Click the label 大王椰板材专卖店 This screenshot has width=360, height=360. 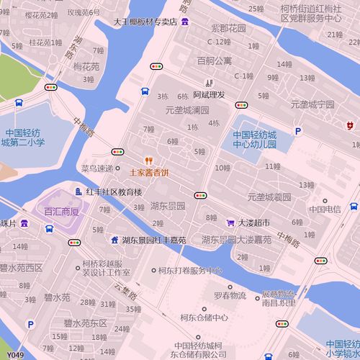coord(145,22)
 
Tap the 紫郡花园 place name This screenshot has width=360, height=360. coord(228,29)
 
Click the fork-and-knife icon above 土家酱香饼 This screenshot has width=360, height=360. coord(149,161)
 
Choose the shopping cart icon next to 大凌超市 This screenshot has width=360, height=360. coord(230,222)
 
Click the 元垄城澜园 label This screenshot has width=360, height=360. coord(187,110)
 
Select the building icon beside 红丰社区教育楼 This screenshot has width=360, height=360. coord(78,192)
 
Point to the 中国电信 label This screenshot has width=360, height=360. coord(325,210)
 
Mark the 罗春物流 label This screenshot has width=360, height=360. coord(230,296)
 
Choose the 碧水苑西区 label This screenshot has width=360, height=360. coord(22,268)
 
